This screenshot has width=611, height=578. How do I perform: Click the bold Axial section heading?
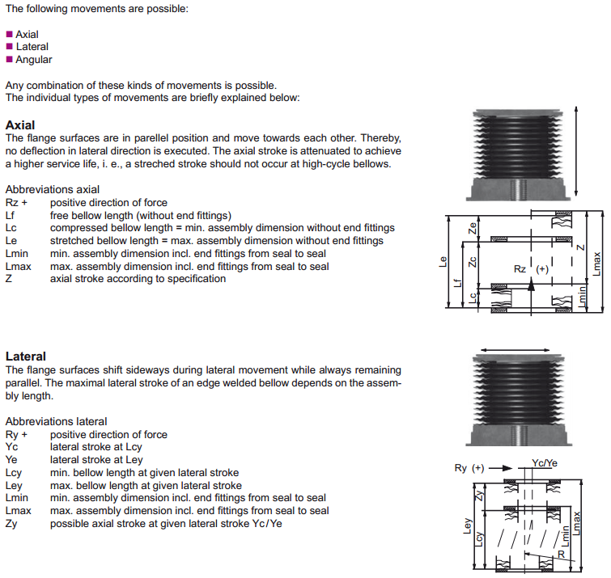(20, 125)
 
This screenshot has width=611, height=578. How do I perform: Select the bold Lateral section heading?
(26, 357)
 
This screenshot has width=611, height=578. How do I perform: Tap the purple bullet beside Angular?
(10, 60)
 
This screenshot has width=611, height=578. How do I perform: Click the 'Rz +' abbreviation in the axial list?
(16, 202)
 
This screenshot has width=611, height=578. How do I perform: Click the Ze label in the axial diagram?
(473, 228)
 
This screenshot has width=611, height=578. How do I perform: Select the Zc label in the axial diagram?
(473, 262)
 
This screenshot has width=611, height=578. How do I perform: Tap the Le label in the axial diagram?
(443, 262)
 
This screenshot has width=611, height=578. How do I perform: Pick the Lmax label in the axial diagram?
(596, 264)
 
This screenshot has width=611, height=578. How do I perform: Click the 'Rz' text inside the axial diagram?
(520, 269)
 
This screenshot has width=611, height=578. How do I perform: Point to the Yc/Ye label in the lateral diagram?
(545, 462)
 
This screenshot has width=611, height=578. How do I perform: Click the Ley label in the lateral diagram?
(467, 525)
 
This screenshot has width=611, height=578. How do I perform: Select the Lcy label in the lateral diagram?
(479, 539)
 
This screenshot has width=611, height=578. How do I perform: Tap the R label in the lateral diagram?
(561, 554)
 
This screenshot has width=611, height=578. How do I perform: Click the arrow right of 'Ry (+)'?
(500, 468)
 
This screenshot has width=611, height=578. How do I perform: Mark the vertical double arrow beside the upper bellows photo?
(576, 151)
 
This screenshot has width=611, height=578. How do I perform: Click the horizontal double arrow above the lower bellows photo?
(516, 350)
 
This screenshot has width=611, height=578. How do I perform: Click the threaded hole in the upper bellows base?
(516, 189)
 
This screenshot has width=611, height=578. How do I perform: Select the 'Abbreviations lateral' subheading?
(56, 421)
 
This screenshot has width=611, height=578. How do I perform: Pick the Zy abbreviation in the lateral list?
(11, 524)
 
